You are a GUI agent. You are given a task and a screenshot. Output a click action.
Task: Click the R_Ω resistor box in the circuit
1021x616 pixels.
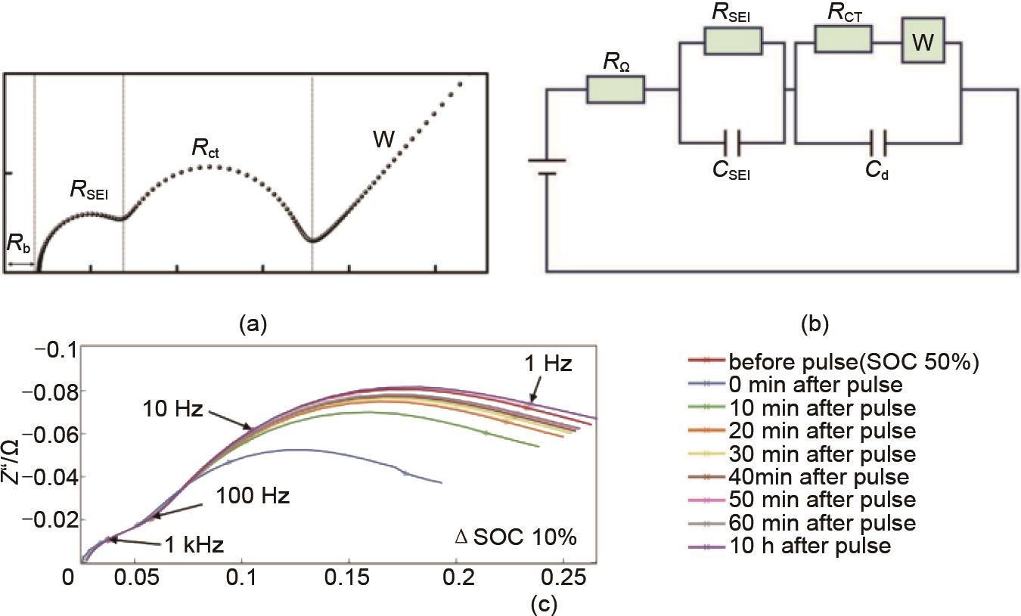(616, 90)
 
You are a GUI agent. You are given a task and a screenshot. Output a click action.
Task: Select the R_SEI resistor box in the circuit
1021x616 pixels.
(732, 40)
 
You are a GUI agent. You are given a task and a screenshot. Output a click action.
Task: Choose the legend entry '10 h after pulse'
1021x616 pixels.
(809, 546)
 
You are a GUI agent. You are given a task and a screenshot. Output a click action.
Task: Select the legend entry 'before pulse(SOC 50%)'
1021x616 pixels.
(854, 361)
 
